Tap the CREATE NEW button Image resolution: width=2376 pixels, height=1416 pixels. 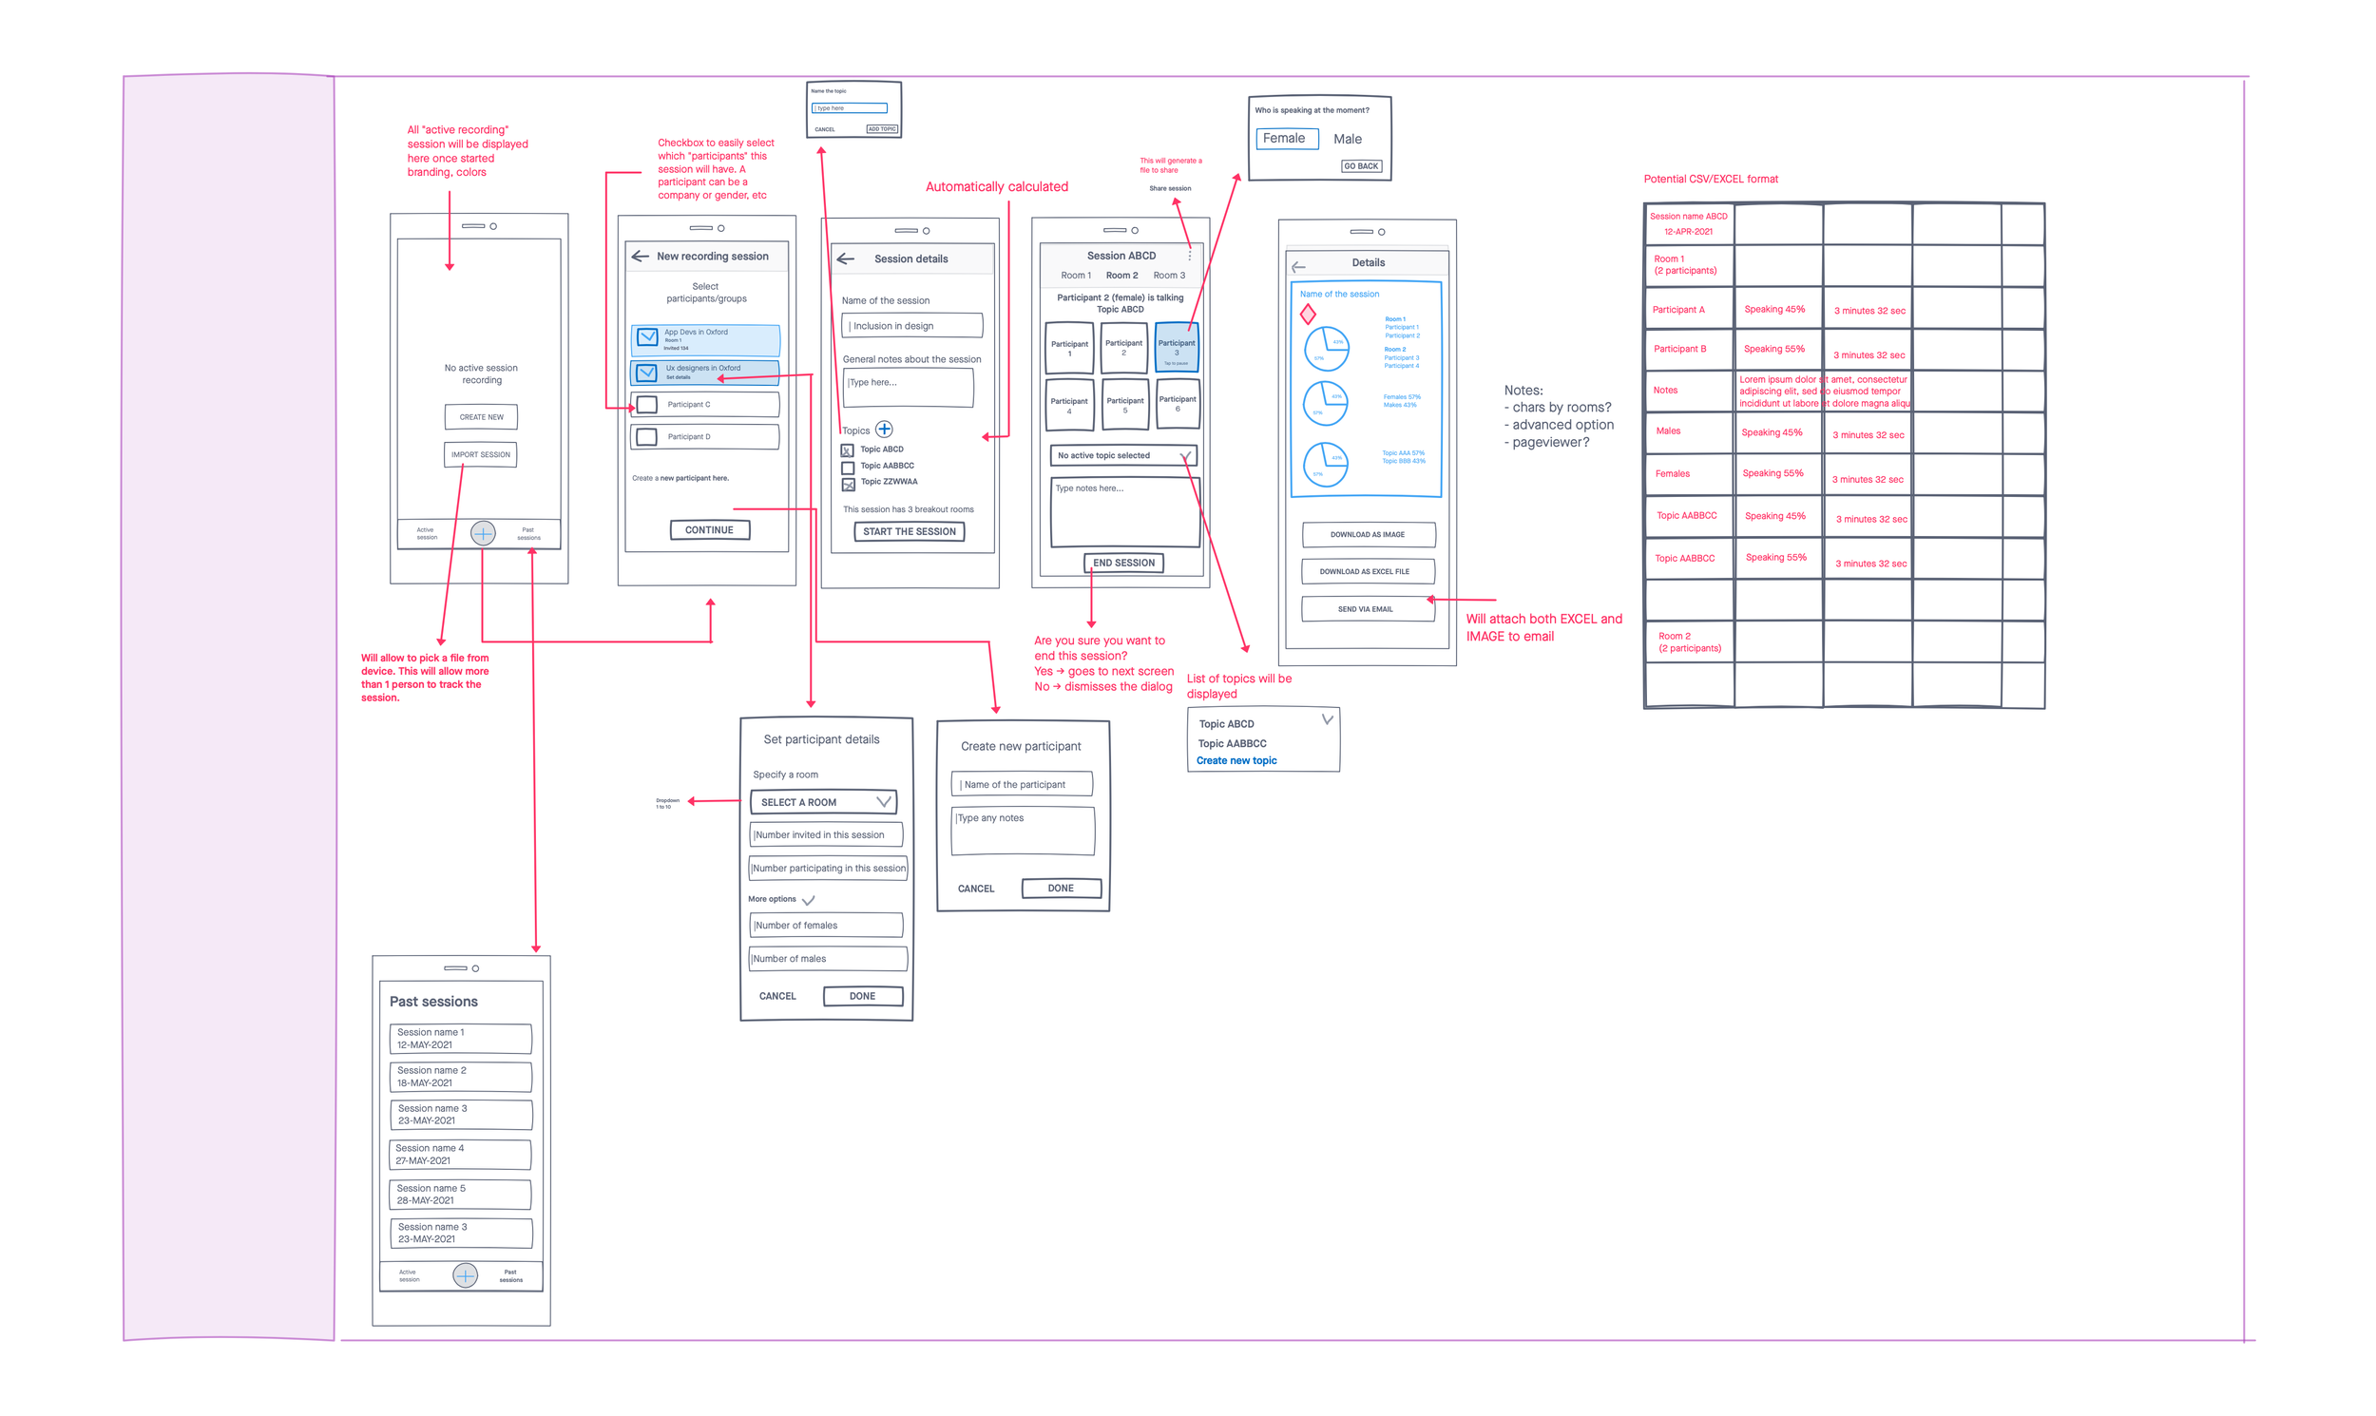click(x=481, y=417)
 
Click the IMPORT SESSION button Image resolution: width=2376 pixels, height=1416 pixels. click(x=480, y=454)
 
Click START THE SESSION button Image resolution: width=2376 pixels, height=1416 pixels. click(x=909, y=531)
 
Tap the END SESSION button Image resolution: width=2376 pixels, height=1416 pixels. click(x=1123, y=563)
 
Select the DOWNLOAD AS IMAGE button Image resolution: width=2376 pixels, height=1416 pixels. click(x=1368, y=534)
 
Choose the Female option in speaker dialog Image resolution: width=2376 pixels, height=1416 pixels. click(x=1285, y=139)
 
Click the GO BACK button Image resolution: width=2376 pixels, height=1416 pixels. click(x=1361, y=166)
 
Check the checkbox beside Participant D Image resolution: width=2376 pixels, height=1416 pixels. click(x=647, y=437)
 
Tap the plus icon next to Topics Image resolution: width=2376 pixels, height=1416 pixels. click(x=885, y=430)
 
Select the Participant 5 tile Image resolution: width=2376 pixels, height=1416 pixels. click(x=1125, y=405)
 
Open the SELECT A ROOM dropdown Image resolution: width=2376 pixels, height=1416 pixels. click(x=823, y=802)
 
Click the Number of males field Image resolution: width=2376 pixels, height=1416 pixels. click(x=826, y=959)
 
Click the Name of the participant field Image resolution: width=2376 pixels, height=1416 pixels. click(x=1021, y=784)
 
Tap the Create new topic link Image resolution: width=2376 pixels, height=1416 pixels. click(x=1236, y=760)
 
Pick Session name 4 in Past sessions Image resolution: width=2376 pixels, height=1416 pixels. click(x=460, y=1155)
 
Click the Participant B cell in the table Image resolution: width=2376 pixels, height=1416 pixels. click(x=1687, y=349)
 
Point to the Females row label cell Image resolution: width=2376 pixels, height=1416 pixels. click(x=1687, y=473)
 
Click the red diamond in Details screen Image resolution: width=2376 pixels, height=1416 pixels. click(x=1308, y=314)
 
